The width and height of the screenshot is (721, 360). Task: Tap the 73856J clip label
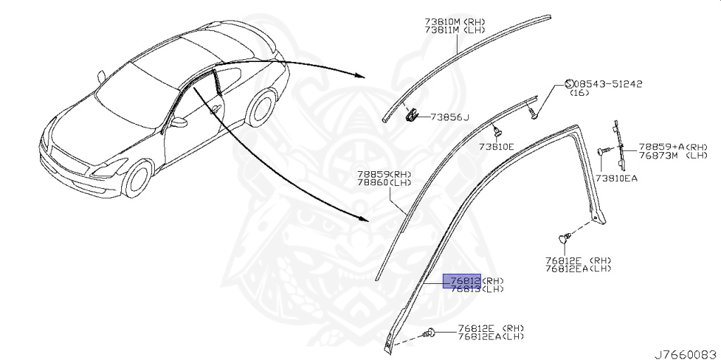[x=450, y=117]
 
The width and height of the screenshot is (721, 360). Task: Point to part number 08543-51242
[x=610, y=84]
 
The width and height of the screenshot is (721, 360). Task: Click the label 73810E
[x=497, y=147]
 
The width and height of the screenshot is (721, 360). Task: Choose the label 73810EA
[x=617, y=178]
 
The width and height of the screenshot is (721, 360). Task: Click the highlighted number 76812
[x=461, y=280]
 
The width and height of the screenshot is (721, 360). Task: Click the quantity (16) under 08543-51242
[x=579, y=93]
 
